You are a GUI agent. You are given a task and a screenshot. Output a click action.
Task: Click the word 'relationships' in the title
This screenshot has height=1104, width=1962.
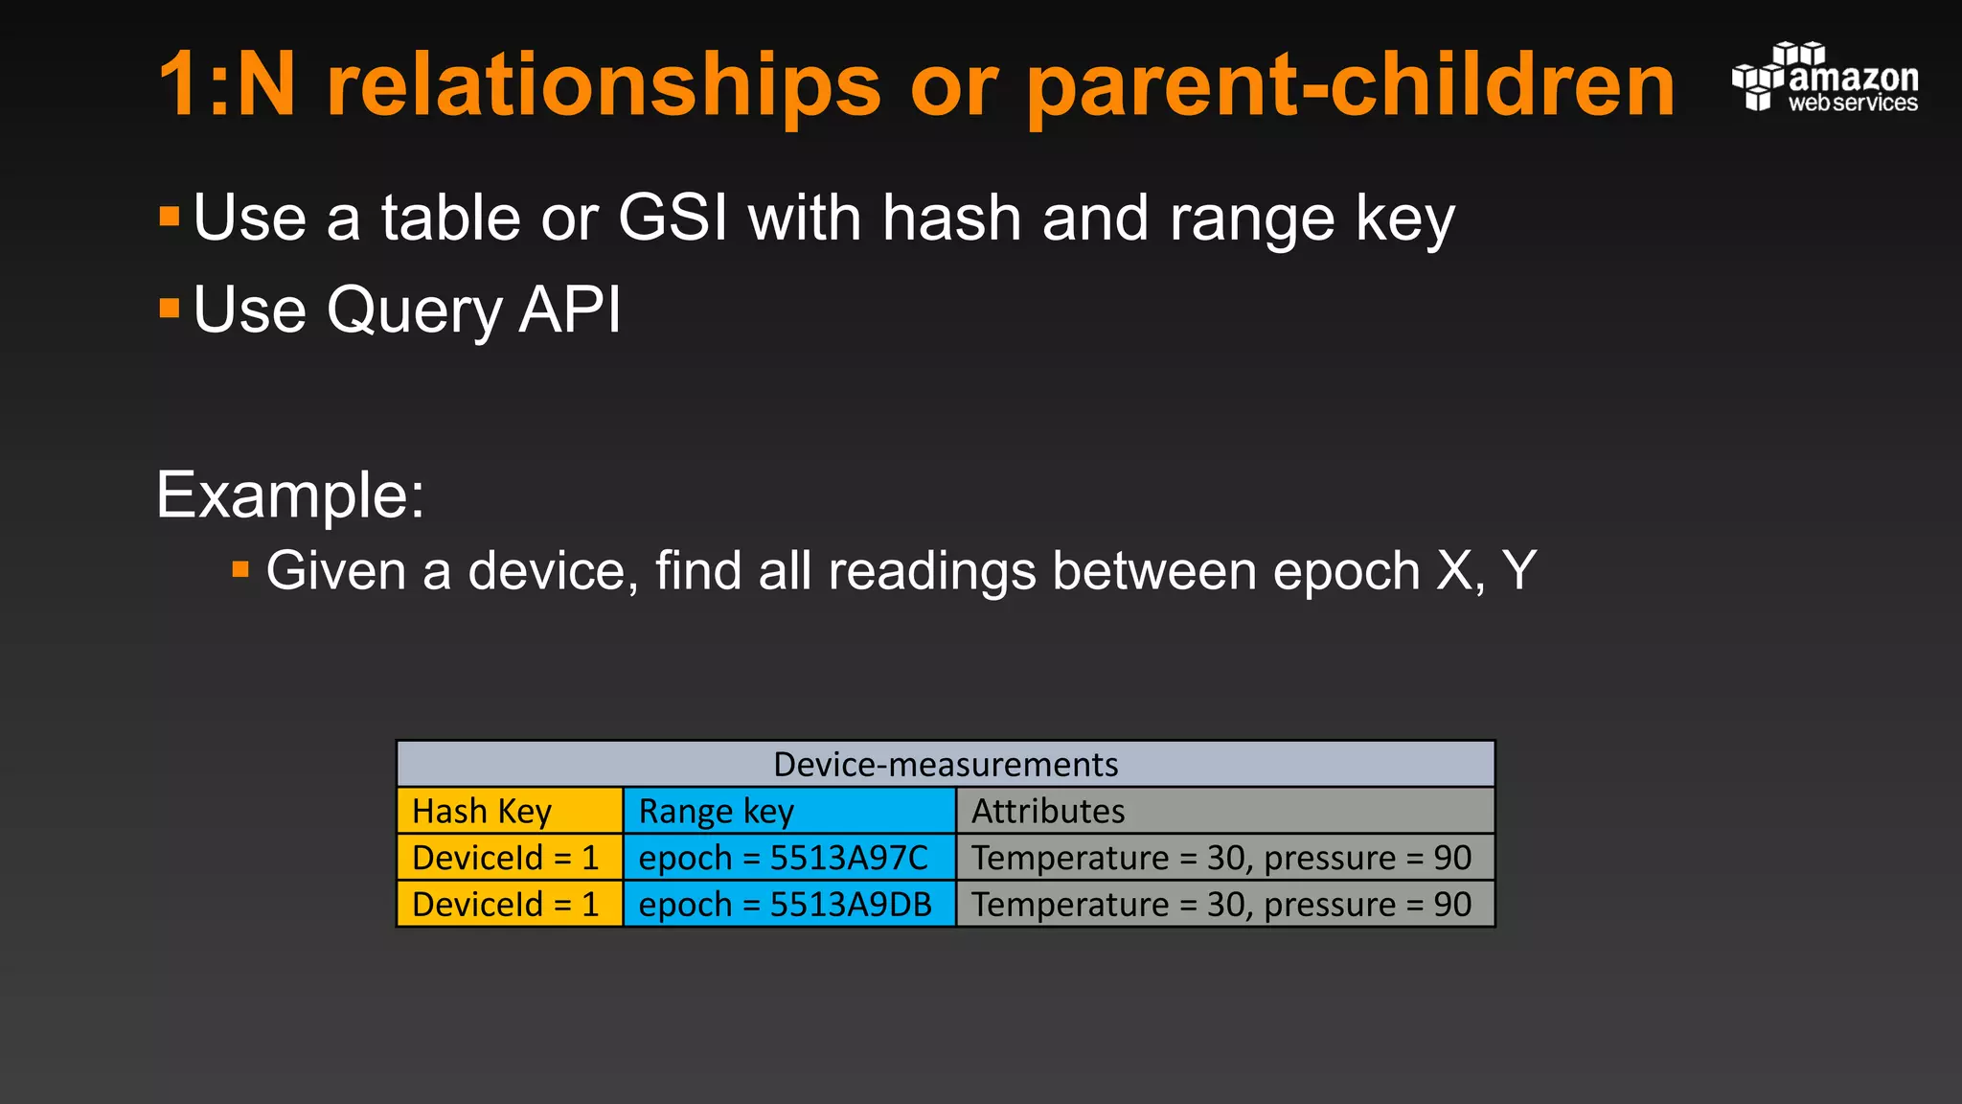click(603, 86)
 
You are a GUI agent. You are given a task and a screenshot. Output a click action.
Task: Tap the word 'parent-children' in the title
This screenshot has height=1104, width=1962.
click(1350, 86)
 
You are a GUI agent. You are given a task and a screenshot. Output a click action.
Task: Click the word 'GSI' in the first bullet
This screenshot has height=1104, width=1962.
click(673, 218)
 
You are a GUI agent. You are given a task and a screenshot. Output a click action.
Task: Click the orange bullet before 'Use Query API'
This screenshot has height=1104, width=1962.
click(170, 308)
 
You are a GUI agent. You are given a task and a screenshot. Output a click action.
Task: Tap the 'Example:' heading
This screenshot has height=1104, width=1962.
click(289, 495)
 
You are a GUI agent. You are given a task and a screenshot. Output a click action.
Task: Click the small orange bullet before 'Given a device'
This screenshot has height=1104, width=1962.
click(240, 571)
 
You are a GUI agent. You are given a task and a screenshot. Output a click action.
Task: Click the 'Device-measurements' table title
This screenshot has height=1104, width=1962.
click(945, 765)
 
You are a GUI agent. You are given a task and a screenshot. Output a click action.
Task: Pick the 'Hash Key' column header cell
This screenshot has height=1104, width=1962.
click(510, 811)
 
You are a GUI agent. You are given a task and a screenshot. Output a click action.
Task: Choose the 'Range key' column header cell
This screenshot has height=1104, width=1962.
click(789, 811)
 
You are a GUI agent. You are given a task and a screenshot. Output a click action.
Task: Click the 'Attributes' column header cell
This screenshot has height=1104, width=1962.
click(1224, 811)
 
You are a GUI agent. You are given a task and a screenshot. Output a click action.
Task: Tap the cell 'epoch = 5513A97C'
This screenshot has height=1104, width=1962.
click(789, 858)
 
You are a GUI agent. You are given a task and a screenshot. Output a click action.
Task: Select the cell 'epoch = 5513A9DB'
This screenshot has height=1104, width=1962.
click(789, 904)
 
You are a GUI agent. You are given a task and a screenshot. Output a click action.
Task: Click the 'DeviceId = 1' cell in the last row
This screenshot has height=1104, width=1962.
click(510, 904)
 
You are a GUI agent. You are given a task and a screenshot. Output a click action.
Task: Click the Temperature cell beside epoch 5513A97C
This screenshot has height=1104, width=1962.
click(1224, 858)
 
